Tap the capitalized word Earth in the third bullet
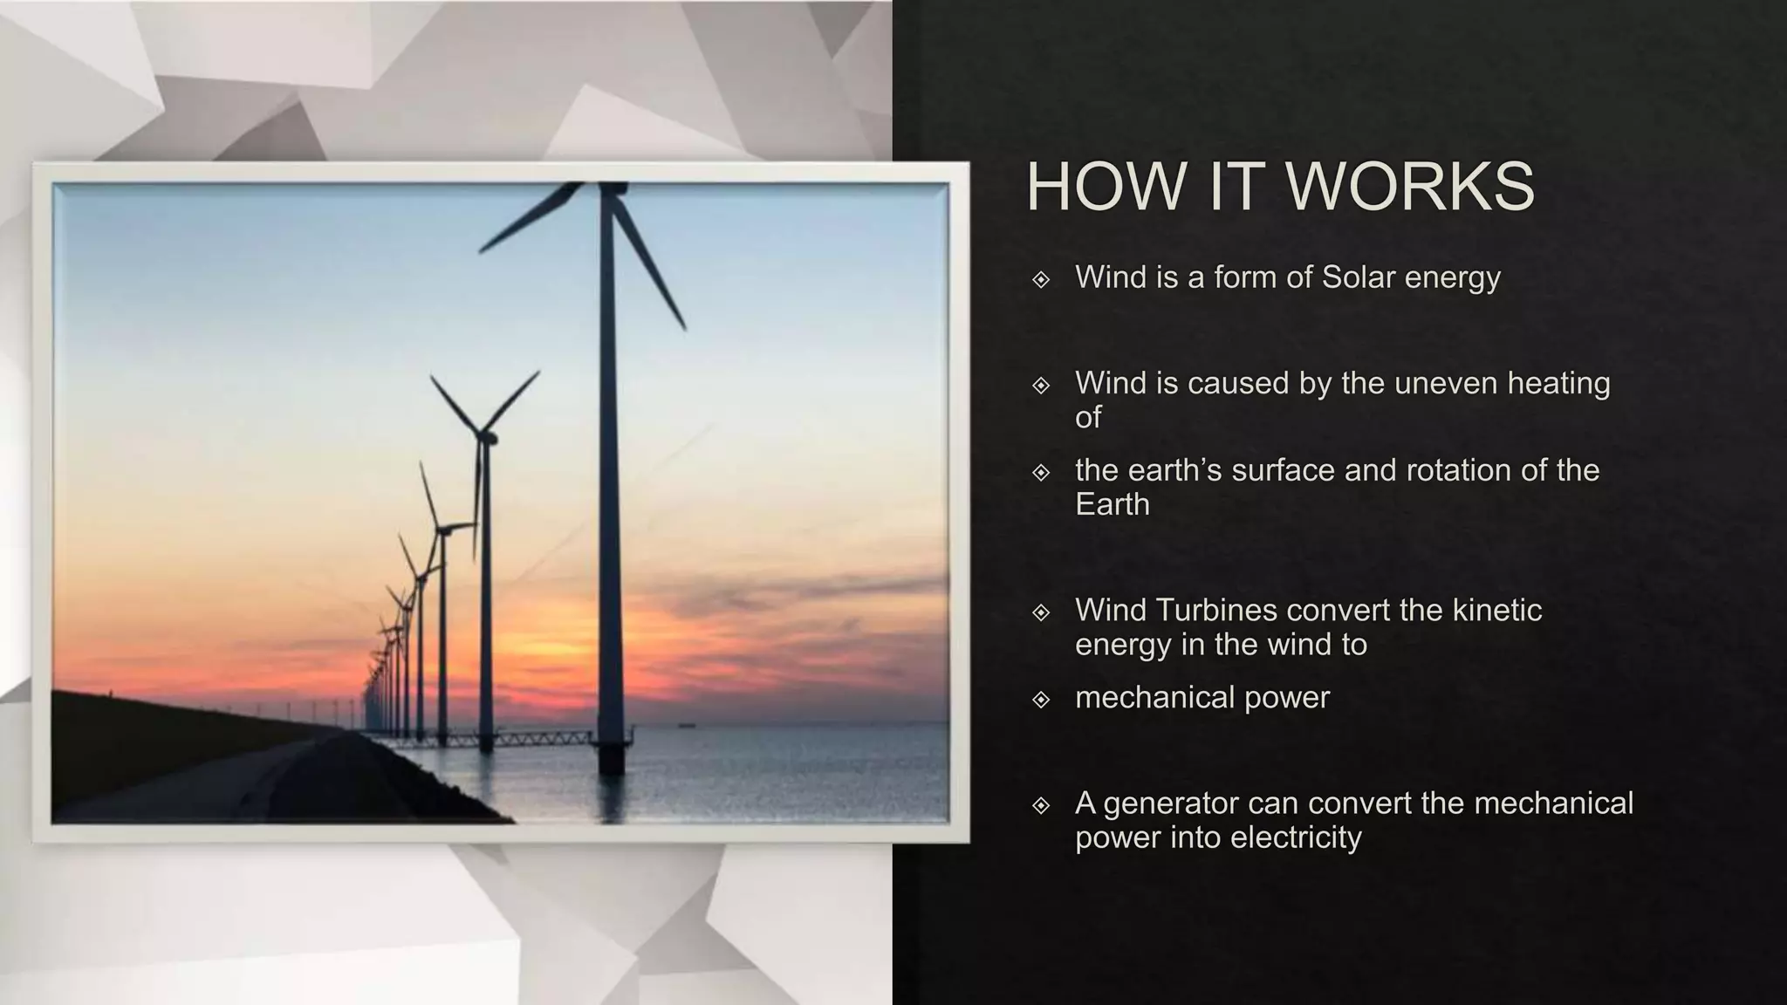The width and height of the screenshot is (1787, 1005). click(1113, 504)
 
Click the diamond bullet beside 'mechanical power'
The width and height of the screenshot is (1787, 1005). click(1041, 699)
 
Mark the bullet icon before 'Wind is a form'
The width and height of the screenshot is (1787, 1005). click(1041, 279)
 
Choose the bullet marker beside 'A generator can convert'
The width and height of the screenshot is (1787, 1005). click(1041, 804)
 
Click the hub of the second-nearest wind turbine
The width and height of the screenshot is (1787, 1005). click(483, 434)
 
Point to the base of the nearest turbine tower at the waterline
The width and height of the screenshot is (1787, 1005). click(611, 768)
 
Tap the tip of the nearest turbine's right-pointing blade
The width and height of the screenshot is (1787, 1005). click(685, 329)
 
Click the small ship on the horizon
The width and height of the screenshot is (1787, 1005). click(689, 723)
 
